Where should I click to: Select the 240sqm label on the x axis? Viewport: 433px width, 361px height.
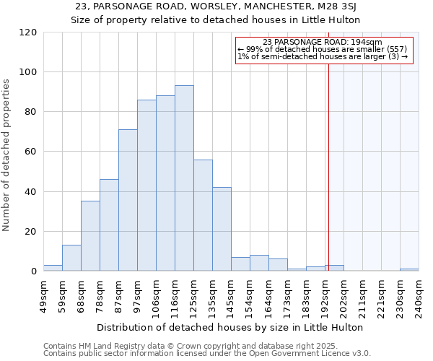(x=419, y=296)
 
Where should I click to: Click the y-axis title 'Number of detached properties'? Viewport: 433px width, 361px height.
(x=7, y=155)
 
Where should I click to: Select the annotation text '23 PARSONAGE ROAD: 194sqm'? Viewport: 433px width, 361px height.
(x=323, y=42)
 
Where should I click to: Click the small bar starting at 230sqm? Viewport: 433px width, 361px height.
(x=409, y=270)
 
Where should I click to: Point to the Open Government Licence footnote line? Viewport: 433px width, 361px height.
(x=207, y=354)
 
